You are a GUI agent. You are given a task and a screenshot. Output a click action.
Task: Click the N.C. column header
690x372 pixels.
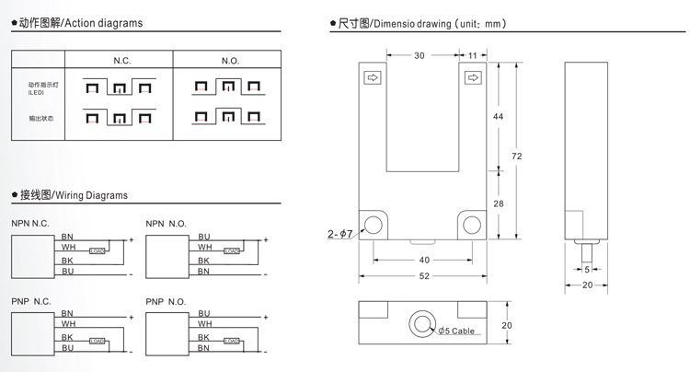click(x=122, y=60)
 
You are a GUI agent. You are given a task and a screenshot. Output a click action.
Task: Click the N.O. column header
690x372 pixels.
click(x=230, y=60)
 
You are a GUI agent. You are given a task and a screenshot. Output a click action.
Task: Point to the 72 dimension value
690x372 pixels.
click(x=517, y=156)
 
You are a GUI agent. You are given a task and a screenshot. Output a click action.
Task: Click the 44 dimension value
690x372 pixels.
click(x=498, y=117)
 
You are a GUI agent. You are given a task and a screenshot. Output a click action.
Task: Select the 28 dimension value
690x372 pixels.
click(x=498, y=203)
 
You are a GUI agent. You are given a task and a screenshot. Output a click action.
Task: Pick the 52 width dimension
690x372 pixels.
click(x=424, y=276)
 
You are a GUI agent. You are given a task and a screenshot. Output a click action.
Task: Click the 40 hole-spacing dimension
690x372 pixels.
click(x=424, y=260)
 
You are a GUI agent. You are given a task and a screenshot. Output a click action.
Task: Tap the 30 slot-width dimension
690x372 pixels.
click(x=420, y=56)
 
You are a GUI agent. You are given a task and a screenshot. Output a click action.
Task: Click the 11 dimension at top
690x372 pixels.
click(x=473, y=56)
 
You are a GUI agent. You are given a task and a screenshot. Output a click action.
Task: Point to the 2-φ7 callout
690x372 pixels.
click(x=340, y=234)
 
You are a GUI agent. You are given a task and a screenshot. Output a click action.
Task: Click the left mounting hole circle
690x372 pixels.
click(x=375, y=226)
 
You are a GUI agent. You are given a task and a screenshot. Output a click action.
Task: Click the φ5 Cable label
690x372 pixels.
click(x=456, y=331)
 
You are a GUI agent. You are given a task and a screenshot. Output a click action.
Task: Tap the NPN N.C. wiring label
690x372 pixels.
click(x=30, y=224)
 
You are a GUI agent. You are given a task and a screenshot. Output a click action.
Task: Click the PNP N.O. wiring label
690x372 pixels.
click(x=166, y=301)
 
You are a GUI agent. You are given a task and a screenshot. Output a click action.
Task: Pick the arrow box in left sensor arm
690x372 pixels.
click(x=374, y=78)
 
